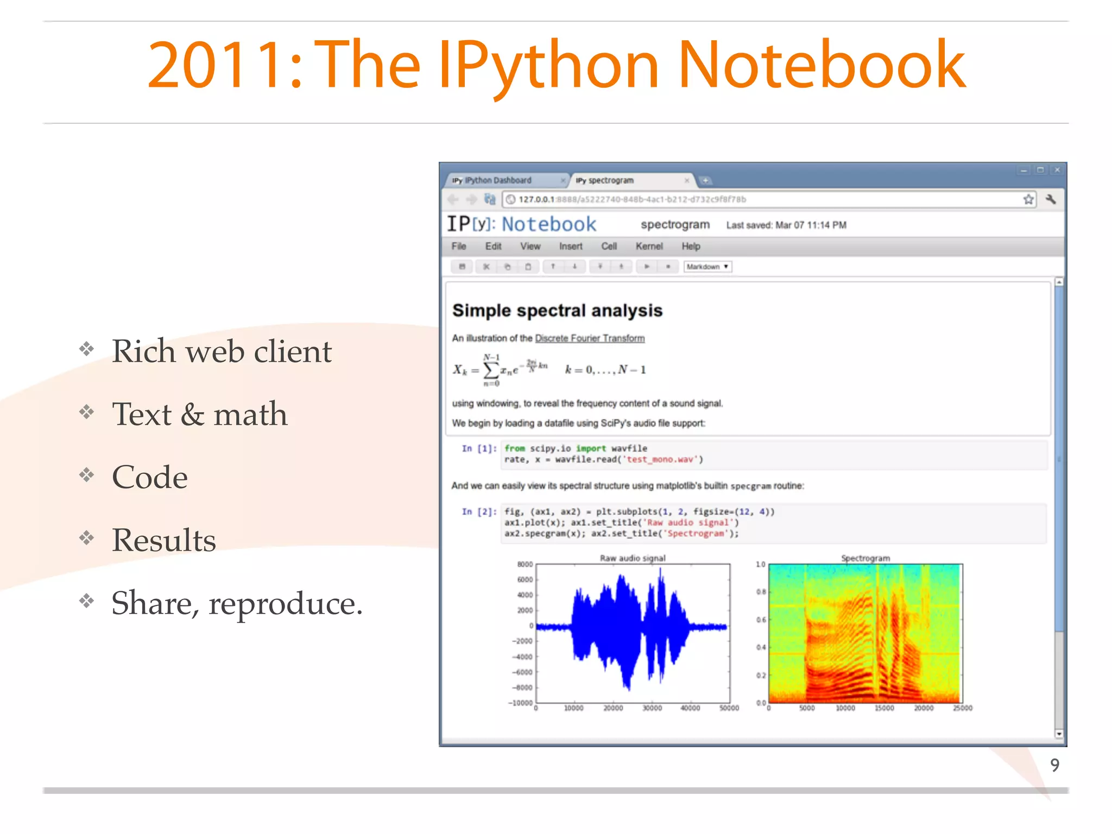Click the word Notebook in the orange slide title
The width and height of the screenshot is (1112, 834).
coord(821,65)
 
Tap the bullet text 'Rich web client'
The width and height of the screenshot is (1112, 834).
coord(222,351)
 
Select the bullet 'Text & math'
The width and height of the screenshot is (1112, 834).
coord(199,414)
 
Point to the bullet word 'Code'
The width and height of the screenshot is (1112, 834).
coord(150,477)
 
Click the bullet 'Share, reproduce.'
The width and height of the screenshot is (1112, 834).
coord(237,603)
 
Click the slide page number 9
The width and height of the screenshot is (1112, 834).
coord(1054,765)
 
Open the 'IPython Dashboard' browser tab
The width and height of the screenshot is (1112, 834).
coord(498,180)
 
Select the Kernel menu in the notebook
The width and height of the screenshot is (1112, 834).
coord(649,247)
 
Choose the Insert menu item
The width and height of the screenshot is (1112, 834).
coord(571,247)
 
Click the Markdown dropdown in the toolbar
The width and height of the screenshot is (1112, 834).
coord(707,267)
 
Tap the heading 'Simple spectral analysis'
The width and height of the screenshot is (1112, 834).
coord(557,311)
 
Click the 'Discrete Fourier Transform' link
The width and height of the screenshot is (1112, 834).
coord(590,338)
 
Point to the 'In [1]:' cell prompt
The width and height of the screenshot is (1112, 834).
coord(479,448)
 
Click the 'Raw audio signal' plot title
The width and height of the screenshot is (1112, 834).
coord(633,558)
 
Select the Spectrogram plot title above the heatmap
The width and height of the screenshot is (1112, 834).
coord(865,558)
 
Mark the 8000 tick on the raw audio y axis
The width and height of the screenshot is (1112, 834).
coord(525,565)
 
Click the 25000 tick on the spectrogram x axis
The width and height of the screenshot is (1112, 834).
coord(963,708)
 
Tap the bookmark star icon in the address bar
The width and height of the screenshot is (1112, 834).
coord(1028,199)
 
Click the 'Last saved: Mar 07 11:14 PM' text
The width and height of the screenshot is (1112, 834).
coord(786,225)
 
